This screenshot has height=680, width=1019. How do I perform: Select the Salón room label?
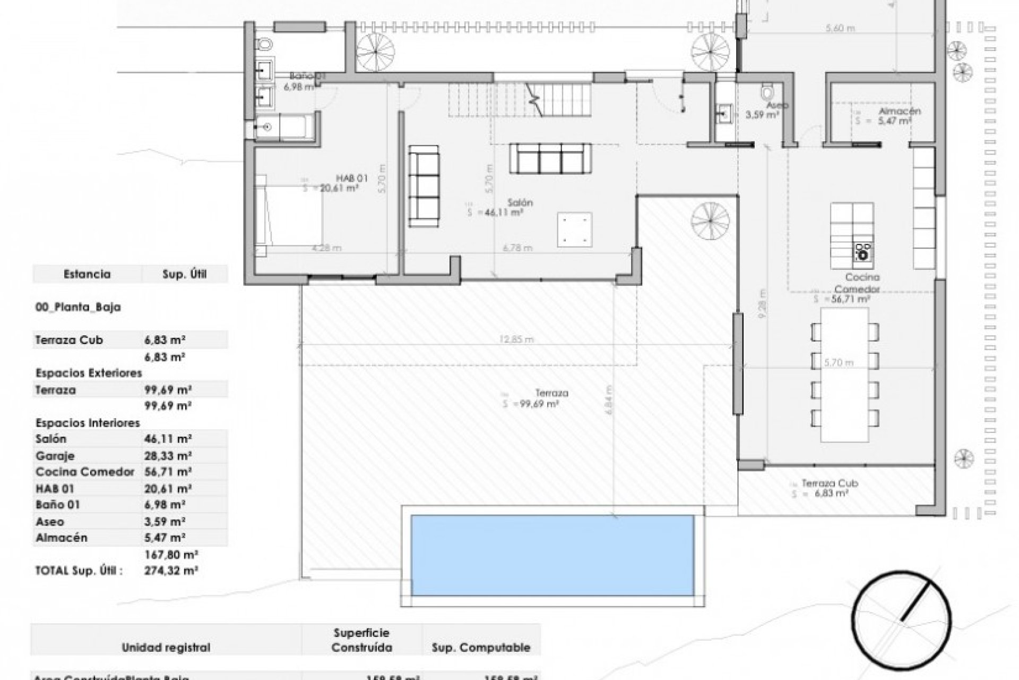(520, 203)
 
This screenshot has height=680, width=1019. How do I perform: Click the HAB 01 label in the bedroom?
(351, 178)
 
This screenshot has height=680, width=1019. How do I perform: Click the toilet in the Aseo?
(766, 92)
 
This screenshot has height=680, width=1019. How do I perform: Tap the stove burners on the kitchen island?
(863, 252)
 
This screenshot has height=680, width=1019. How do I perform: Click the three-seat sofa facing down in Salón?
(550, 158)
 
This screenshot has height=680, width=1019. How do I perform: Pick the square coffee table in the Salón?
(574, 229)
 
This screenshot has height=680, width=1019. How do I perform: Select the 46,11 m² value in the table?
(168, 439)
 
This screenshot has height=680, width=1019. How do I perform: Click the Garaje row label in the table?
(55, 456)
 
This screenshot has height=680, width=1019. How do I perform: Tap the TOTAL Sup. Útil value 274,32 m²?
(171, 571)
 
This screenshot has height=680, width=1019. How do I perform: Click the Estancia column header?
(87, 274)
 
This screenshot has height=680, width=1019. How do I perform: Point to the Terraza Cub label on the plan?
(830, 483)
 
